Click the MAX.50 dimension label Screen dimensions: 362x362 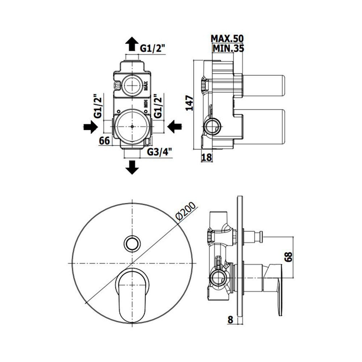[227, 38]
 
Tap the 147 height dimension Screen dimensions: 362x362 [190, 103]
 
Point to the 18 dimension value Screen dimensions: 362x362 [207, 157]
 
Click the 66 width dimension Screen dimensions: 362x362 [104, 140]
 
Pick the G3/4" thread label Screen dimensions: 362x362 [160, 152]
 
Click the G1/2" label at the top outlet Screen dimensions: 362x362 [153, 49]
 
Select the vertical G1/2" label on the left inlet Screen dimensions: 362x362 [98, 106]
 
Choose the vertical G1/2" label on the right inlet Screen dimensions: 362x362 [158, 106]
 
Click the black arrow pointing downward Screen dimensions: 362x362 [132, 167]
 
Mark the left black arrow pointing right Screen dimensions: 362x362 [90, 127]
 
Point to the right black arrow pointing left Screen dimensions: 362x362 [174, 127]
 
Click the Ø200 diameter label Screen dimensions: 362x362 [186, 212]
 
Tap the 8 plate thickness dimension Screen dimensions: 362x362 [230, 320]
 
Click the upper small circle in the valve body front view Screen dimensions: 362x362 [132, 85]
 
